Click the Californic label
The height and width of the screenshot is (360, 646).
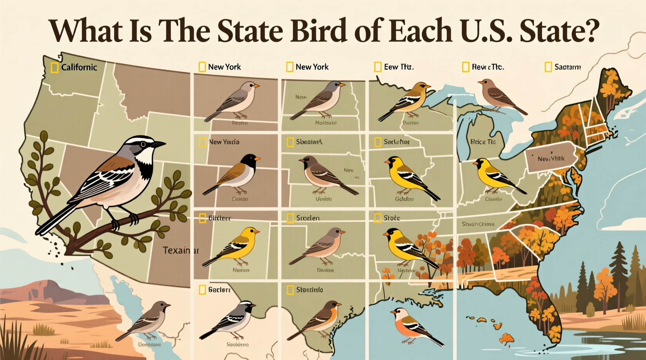click(x=79, y=67)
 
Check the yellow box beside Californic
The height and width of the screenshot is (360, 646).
click(x=55, y=67)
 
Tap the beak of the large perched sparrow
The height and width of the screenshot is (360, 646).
click(x=159, y=144)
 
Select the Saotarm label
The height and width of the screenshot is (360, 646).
click(x=568, y=67)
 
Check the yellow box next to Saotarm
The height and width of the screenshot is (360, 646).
click(x=548, y=67)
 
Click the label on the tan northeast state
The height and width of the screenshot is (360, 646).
click(x=551, y=159)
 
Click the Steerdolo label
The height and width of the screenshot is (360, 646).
click(x=309, y=290)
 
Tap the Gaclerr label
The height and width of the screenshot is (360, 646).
click(x=219, y=290)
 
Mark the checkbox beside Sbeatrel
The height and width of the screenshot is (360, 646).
click(x=290, y=142)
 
